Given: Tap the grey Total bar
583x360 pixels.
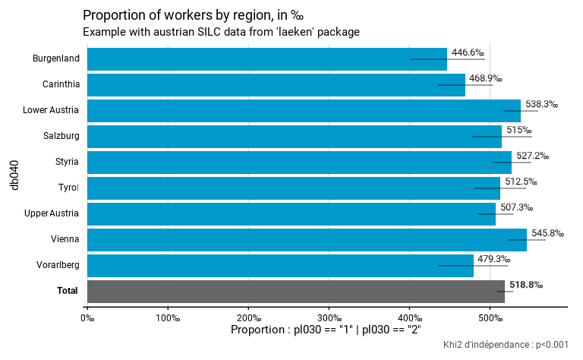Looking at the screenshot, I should tap(296, 291).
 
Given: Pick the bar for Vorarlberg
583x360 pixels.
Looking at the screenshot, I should tap(280, 265).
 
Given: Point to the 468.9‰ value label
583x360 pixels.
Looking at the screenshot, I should tap(485, 78).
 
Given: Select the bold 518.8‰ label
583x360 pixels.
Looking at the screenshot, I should tap(526, 285).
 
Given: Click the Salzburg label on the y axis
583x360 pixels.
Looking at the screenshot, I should tap(61, 136).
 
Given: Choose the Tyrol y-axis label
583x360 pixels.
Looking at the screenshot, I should tap(68, 188).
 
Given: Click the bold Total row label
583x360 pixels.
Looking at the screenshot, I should tap(68, 291).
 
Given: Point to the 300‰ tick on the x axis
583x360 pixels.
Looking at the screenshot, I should tap(329, 317).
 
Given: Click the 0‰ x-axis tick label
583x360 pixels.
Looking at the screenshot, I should tap(87, 317).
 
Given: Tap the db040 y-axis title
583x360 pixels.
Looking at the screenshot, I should tap(14, 175).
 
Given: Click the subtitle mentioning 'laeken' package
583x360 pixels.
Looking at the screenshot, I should tap(220, 32).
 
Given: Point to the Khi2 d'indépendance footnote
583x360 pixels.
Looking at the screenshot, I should tap(506, 345).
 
